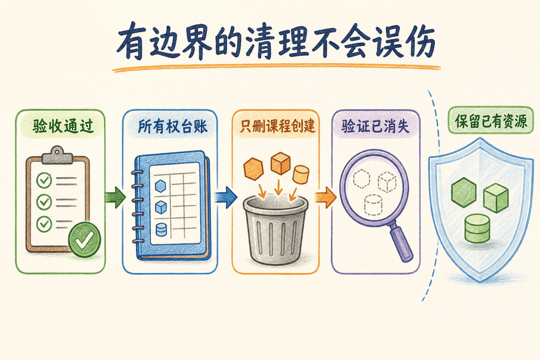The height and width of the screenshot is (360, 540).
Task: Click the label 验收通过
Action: pyautogui.click(x=63, y=126)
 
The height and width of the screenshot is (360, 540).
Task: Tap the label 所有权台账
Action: pyautogui.click(x=173, y=126)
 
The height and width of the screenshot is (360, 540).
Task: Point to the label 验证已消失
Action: pyautogui.click(x=375, y=126)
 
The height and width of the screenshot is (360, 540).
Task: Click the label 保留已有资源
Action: pyautogui.click(x=491, y=121)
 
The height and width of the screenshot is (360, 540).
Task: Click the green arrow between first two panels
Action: pyautogui.click(x=115, y=198)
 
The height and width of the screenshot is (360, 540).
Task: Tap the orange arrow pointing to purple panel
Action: pyautogui.click(x=326, y=197)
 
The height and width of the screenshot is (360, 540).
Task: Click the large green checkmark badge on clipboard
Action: pyautogui.click(x=84, y=240)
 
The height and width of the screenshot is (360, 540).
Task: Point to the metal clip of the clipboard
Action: pyautogui.click(x=57, y=155)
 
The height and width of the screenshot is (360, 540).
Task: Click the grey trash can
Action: pyautogui.click(x=276, y=230)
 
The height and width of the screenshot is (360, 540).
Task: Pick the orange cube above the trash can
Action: pyautogui.click(x=280, y=163)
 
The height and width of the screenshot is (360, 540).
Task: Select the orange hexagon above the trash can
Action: pyautogui.click(x=253, y=169)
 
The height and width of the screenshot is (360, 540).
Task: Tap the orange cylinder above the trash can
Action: pyautogui.click(x=301, y=175)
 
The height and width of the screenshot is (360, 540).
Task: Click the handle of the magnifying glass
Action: pyautogui.click(x=400, y=243)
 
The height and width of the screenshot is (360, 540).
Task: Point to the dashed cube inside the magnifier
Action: pyautogui.click(x=387, y=182)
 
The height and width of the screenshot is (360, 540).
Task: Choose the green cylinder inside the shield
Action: pyautogui.click(x=477, y=229)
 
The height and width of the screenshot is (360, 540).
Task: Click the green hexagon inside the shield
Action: pyautogui.click(x=464, y=193)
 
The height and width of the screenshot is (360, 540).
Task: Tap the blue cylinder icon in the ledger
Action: pyautogui.click(x=161, y=229)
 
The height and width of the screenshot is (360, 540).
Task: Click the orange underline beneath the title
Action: pyautogui.click(x=276, y=68)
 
